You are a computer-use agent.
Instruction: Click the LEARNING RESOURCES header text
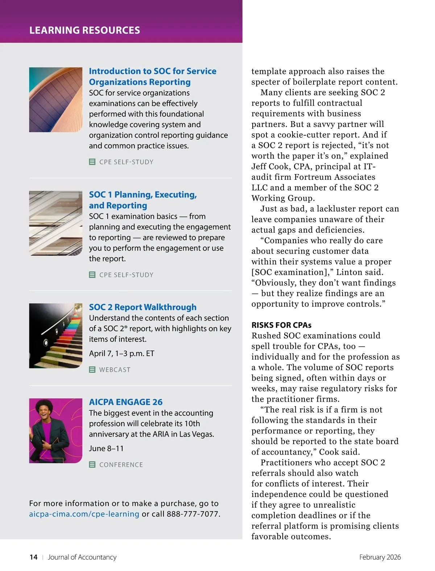point(84,30)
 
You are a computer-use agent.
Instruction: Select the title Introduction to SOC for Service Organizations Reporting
point(152,76)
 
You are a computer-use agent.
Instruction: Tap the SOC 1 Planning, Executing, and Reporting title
point(143,200)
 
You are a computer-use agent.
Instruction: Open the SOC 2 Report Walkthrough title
point(143,307)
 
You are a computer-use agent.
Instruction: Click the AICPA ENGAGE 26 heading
point(126,402)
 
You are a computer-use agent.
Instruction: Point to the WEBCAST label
point(115,370)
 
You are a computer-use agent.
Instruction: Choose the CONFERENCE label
point(121,465)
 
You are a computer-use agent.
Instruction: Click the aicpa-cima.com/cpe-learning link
point(84,514)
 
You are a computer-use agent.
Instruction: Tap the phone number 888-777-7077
point(193,514)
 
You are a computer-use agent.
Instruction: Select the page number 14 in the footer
point(33,557)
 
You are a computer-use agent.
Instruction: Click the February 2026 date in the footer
point(380,557)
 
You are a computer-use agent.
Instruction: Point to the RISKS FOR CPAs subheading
point(281,325)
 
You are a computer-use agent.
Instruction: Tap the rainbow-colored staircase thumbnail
point(56,336)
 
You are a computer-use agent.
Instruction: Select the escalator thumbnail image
point(56,223)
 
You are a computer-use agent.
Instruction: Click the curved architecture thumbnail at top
point(56,100)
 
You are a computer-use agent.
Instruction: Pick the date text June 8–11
point(106,448)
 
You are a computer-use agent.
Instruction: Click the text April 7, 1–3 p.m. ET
point(122,353)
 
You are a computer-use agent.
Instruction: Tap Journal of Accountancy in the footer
point(82,557)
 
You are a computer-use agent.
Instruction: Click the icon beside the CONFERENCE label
point(92,465)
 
